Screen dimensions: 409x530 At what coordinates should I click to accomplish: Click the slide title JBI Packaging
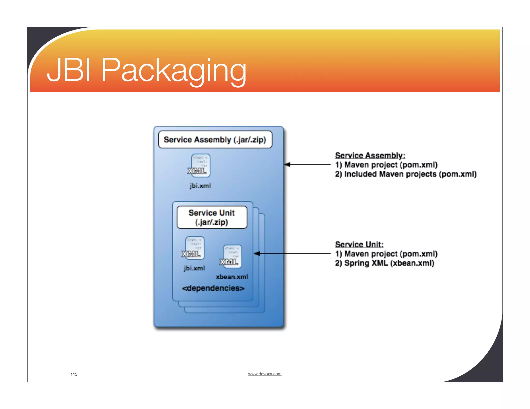click(x=146, y=70)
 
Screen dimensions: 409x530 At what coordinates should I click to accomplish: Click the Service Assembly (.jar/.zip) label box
click(x=215, y=140)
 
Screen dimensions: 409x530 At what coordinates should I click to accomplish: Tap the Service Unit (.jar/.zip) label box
click(x=212, y=217)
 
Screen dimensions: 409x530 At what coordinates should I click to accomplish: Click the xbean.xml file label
click(x=232, y=277)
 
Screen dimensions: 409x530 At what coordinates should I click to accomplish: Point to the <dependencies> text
click(x=213, y=288)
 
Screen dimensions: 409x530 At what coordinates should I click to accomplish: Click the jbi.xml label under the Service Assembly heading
click(x=200, y=186)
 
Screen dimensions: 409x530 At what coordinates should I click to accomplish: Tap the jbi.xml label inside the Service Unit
click(x=194, y=268)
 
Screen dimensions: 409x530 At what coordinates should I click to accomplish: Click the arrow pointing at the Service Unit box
click(x=292, y=254)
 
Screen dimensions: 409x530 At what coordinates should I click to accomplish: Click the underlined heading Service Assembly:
click(x=370, y=155)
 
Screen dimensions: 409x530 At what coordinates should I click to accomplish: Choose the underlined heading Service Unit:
click(x=359, y=244)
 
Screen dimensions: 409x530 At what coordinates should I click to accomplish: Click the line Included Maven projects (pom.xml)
click(x=406, y=174)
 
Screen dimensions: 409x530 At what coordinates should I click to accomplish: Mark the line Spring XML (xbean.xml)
click(x=385, y=263)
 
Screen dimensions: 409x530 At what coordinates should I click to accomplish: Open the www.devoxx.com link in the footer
click(x=264, y=374)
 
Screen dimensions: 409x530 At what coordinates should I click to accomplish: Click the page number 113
click(x=74, y=374)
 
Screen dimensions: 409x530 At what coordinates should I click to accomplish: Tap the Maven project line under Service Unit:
click(x=386, y=254)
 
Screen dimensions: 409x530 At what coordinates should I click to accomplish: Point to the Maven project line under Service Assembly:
click(x=386, y=165)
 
